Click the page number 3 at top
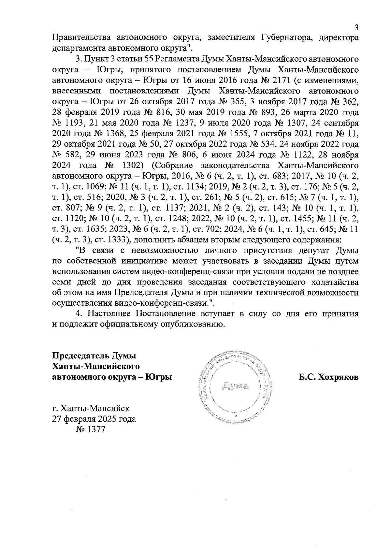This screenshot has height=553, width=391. (356, 27)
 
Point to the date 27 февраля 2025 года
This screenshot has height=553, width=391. (94, 419)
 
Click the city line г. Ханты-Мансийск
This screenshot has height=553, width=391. (91, 408)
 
